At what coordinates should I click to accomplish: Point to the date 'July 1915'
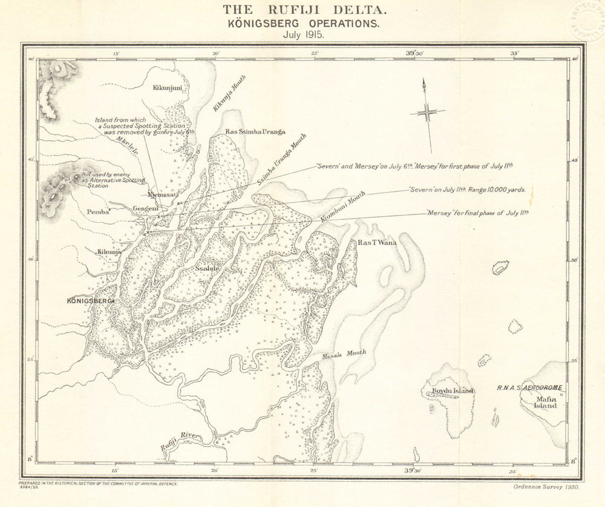[x=302, y=34]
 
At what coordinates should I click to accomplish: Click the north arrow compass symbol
[x=427, y=112]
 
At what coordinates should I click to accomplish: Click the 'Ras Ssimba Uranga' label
[x=255, y=132]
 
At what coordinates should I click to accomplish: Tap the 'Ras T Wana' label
[x=377, y=242]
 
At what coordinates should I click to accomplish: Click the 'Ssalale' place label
[x=208, y=266]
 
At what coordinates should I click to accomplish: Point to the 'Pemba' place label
[x=99, y=212]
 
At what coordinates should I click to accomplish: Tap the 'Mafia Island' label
[x=545, y=402]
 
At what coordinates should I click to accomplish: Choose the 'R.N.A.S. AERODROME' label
[x=529, y=387]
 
